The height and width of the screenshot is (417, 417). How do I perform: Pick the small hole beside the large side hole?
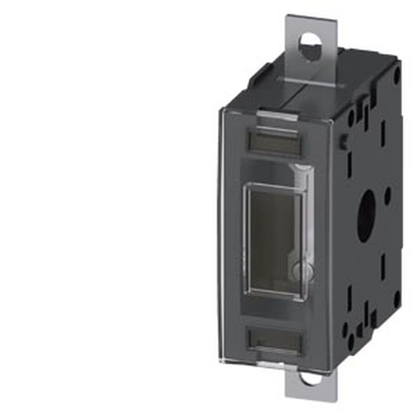click(387, 195)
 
